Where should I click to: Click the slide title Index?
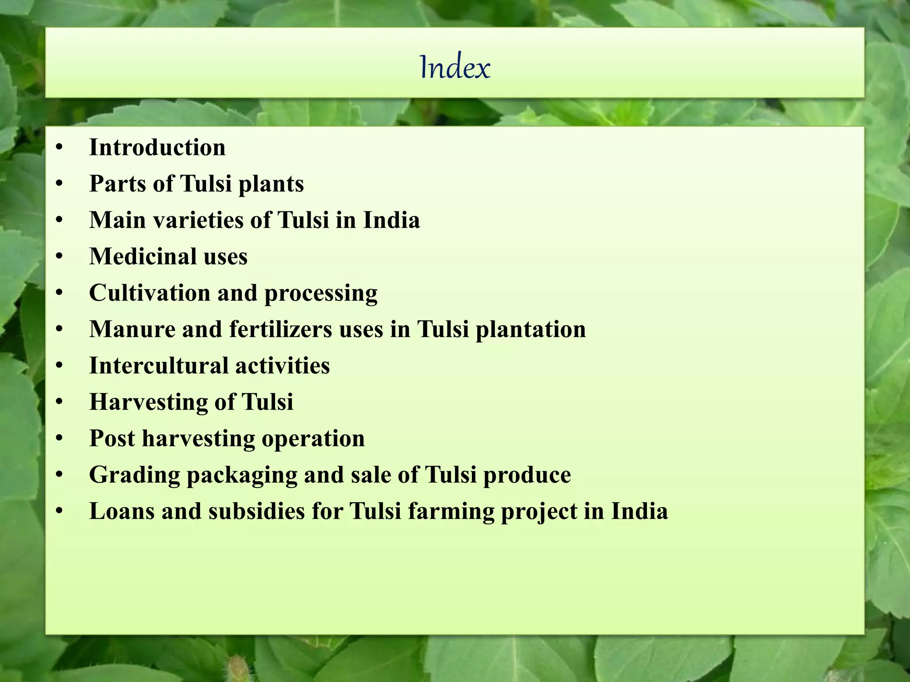click(455, 67)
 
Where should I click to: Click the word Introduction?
click(157, 147)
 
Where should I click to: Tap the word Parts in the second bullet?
click(118, 184)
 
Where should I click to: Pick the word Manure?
click(132, 329)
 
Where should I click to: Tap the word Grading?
click(134, 476)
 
